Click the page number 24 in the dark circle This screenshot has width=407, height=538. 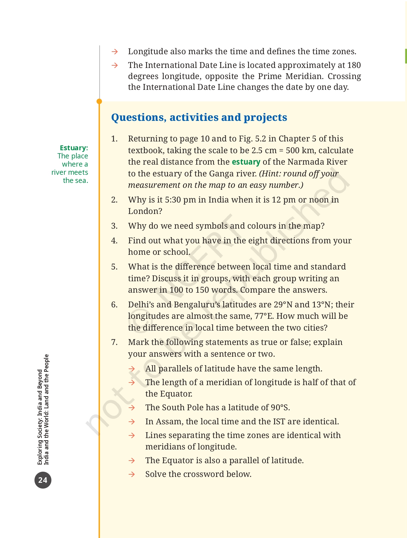[x=43, y=480]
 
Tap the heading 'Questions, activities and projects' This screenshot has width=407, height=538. [x=199, y=117]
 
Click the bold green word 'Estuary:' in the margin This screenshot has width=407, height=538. [x=74, y=148]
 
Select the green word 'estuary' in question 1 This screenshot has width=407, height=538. [x=246, y=162]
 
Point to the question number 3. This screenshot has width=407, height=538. [x=114, y=226]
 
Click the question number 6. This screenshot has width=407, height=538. [x=114, y=305]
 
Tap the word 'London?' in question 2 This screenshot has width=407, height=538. [x=145, y=211]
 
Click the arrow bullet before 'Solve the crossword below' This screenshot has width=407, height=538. [x=132, y=474]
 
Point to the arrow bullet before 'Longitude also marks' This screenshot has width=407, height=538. [x=114, y=52]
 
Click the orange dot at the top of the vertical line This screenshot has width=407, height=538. [x=99, y=102]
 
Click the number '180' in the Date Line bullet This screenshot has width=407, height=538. [x=354, y=65]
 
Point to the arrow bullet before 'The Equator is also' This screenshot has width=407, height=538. [x=132, y=461]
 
